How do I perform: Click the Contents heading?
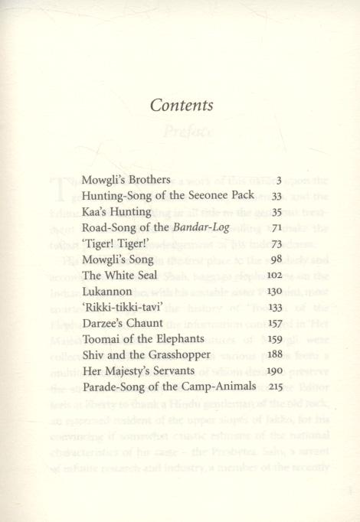[181, 106]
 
